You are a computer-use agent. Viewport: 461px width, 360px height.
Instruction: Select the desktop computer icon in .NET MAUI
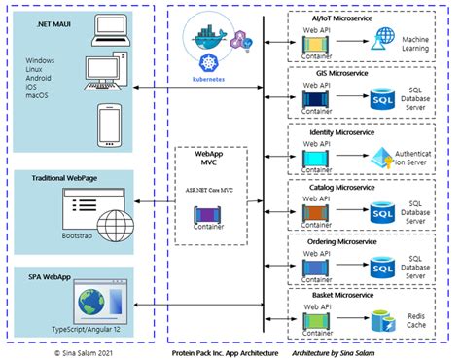105,77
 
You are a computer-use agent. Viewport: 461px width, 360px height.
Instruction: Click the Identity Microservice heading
361,129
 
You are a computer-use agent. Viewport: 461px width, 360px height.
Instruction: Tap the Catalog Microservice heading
361,185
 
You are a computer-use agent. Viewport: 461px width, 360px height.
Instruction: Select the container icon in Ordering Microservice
316,265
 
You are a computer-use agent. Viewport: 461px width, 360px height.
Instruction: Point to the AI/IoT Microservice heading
361,18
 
